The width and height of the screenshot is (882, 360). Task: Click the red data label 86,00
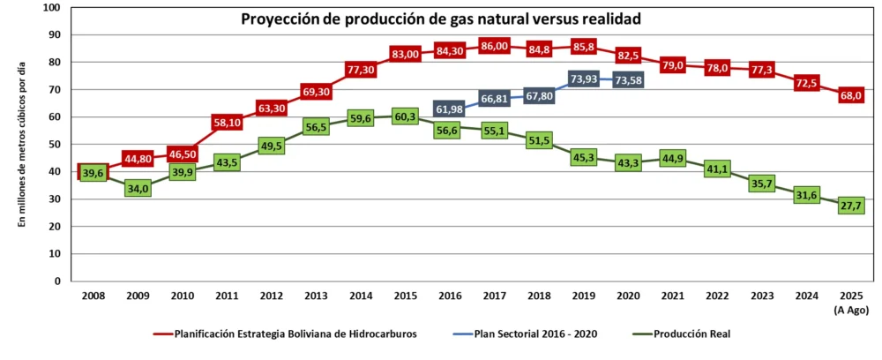pos(495,46)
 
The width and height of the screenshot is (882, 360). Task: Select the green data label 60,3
pos(405,116)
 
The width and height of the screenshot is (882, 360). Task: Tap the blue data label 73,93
pos(585,79)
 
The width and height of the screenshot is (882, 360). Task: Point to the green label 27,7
pos(851,206)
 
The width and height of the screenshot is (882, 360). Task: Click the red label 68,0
pos(851,95)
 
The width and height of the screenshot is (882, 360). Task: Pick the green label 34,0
pos(137,188)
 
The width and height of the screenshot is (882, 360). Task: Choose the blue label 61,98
pos(450,109)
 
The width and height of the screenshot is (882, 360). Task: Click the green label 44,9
pos(673,159)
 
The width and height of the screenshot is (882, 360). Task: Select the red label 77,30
pos(361,70)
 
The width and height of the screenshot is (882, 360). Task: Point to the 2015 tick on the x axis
pos(405,296)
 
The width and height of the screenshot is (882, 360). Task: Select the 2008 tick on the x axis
pos(93,296)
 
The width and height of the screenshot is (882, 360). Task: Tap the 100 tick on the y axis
pos(50,8)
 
